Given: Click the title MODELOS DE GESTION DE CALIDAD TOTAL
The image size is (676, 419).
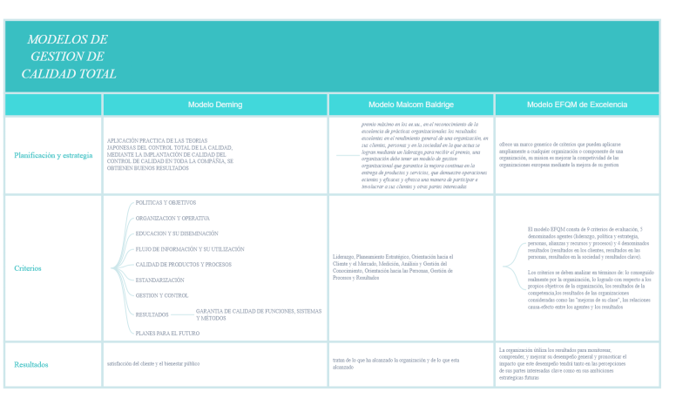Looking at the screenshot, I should click(68, 57).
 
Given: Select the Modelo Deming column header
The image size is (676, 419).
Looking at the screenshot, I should click(215, 105).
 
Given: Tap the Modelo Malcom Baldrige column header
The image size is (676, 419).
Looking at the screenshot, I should click(411, 105).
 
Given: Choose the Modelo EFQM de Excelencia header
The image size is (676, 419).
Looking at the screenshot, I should click(577, 105).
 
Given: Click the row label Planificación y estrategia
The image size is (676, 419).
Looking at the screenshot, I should click(53, 155).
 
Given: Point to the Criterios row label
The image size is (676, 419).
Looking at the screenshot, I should click(28, 268).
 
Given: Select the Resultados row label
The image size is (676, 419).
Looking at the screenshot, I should click(31, 364).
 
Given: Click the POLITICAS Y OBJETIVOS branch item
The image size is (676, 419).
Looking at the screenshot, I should click(166, 203).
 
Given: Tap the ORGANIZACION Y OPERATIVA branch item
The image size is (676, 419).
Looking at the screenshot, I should click(172, 218).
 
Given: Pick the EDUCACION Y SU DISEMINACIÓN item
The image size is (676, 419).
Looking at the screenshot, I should click(177, 233).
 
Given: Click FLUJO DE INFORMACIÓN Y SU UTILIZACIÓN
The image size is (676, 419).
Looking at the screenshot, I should click(190, 249).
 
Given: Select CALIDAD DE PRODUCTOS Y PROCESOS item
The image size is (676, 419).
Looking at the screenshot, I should click(183, 264).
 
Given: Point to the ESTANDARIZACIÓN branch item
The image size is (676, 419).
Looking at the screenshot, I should click(160, 280).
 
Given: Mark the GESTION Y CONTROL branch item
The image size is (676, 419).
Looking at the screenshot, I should click(162, 295).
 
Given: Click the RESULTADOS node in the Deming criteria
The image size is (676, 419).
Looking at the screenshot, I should click(152, 314).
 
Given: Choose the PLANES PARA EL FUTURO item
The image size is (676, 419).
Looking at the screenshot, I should click(168, 333).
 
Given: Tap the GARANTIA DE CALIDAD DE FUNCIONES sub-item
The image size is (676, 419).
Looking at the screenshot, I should click(259, 314).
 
